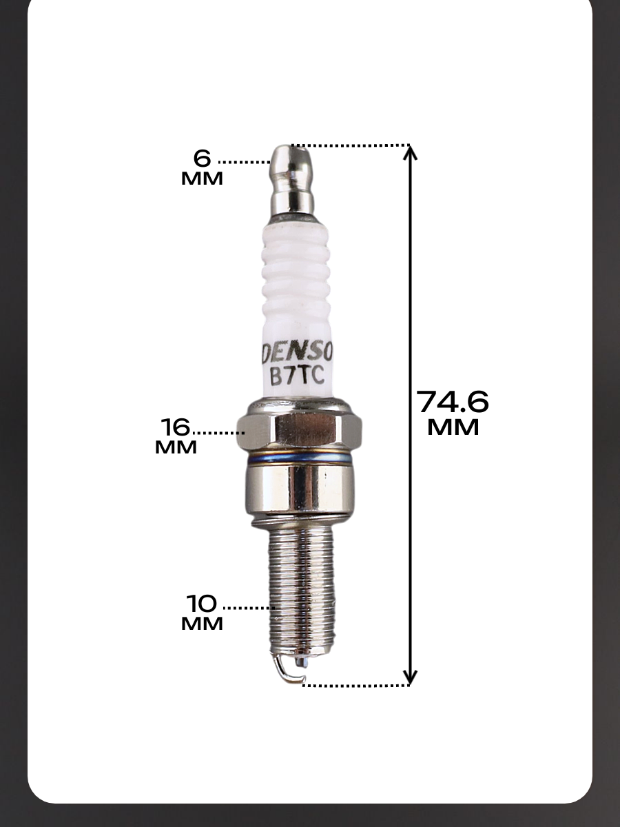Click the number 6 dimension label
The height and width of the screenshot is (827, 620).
(x=203, y=159)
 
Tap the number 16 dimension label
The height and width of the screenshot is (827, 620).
(x=176, y=427)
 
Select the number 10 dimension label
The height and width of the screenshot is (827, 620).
(x=202, y=604)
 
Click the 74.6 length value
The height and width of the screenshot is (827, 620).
(x=453, y=402)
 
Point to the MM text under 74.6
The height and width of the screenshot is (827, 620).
(x=453, y=428)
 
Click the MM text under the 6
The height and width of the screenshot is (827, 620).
(x=202, y=178)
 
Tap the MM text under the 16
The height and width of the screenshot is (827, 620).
(x=176, y=447)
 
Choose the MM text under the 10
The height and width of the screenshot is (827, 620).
(x=202, y=624)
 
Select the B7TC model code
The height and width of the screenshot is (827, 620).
(x=298, y=376)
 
